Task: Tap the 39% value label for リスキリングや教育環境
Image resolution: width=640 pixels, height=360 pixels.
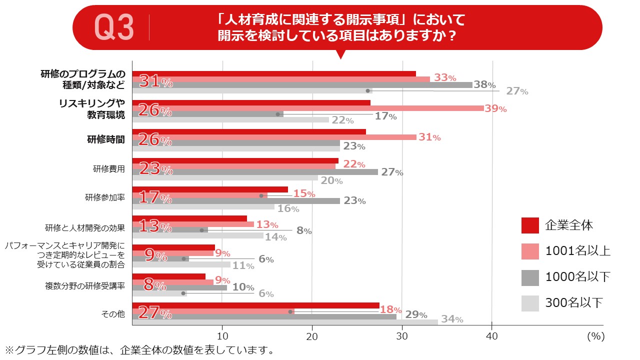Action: (x=495, y=108)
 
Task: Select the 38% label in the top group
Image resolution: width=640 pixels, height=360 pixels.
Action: (x=484, y=85)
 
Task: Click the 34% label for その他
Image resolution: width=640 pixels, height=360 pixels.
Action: (x=451, y=319)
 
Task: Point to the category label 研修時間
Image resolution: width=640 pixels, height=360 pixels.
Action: (x=106, y=139)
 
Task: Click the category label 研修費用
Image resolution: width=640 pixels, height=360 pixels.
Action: (x=108, y=168)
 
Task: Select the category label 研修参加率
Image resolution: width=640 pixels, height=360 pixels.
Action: (x=104, y=197)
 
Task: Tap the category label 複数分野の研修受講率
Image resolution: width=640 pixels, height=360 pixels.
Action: (x=84, y=286)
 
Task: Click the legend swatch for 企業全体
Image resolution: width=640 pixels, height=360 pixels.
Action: (x=530, y=225)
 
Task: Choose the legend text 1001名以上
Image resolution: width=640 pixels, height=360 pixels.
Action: (x=577, y=250)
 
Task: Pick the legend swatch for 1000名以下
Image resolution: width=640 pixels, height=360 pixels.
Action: (x=530, y=277)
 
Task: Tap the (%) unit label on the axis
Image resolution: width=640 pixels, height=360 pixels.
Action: (x=595, y=336)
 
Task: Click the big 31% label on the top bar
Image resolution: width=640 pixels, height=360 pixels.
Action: (x=155, y=81)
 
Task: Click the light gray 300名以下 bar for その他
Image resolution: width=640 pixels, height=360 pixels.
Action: (x=285, y=322)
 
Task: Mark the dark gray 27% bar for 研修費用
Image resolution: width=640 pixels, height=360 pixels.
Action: (x=255, y=172)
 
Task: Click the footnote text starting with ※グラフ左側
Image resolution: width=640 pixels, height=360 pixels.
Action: (x=139, y=350)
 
